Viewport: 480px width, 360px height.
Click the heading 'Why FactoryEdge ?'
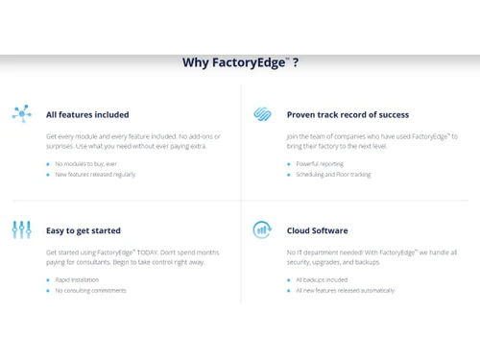[x=240, y=63]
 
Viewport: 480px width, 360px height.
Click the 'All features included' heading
[x=87, y=114]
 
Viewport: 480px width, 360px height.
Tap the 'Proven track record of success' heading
[x=348, y=114]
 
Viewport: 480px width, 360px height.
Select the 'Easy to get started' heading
[x=84, y=230]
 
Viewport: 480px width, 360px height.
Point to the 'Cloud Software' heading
[x=317, y=230]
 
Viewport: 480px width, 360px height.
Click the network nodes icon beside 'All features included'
[x=22, y=114]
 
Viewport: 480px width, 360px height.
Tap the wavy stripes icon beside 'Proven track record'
[x=261, y=114]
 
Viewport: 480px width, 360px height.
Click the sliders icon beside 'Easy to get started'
[x=22, y=230]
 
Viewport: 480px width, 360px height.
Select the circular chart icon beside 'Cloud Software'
[x=261, y=230]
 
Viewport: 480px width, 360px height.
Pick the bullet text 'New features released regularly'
[x=95, y=175]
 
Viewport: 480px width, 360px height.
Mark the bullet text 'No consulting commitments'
[x=90, y=290]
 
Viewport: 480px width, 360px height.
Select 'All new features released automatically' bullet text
[x=345, y=290]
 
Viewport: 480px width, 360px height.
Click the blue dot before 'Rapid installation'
[x=48, y=279]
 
